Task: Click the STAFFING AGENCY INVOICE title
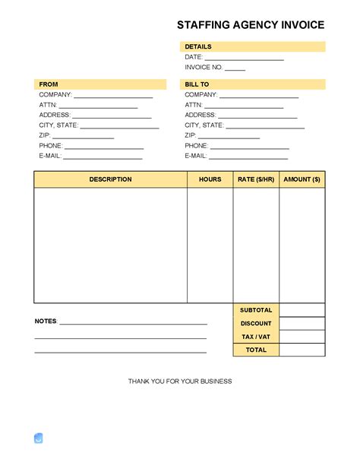(x=251, y=25)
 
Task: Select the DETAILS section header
(x=198, y=47)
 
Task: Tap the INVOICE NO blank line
(x=235, y=68)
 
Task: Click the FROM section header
(x=49, y=84)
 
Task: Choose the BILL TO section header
(x=197, y=84)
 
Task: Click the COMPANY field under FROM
(x=113, y=96)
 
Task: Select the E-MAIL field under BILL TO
(x=248, y=157)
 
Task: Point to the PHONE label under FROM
(x=50, y=146)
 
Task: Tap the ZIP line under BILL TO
(x=229, y=137)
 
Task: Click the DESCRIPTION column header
(x=110, y=179)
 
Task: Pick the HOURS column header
(x=210, y=179)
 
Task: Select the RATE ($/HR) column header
(x=256, y=179)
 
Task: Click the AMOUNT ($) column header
(x=302, y=179)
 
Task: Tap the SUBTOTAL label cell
(x=256, y=310)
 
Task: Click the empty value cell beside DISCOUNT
(x=302, y=324)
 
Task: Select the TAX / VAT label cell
(x=256, y=337)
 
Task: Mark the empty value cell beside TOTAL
(x=302, y=350)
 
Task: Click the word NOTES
(x=46, y=322)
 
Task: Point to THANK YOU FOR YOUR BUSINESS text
(x=180, y=381)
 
